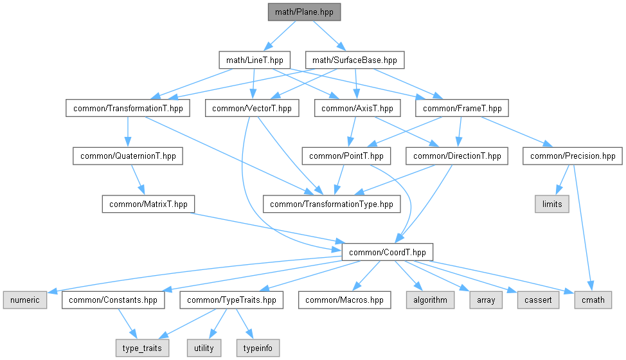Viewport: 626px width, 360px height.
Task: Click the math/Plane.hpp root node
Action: coord(304,12)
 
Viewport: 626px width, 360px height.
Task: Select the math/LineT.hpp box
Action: coord(255,60)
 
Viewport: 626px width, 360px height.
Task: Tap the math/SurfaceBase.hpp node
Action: coord(355,60)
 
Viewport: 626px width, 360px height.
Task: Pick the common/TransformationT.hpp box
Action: coord(128,108)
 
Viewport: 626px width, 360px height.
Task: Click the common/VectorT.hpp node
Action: coord(252,108)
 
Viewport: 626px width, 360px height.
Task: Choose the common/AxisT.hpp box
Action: coord(357,108)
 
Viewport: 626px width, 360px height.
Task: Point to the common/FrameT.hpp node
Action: coord(462,108)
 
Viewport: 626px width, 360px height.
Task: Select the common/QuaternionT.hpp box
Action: coord(128,156)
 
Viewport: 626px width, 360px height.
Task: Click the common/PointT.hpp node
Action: coord(346,156)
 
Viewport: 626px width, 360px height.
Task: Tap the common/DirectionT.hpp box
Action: coord(457,156)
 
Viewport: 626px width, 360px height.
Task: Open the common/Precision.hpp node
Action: coord(573,156)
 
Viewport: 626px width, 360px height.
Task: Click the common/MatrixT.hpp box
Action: coord(148,204)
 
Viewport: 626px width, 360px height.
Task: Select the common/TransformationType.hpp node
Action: coord(332,204)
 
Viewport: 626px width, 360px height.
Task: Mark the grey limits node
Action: coord(552,204)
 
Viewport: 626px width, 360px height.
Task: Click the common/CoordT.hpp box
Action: coord(388,252)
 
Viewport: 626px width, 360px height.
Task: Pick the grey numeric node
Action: coord(25,300)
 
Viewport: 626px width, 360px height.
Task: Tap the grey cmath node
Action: coord(593,300)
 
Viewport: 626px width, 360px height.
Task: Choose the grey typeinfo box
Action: coord(258,348)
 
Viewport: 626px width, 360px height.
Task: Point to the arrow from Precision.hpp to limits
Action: coord(563,180)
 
